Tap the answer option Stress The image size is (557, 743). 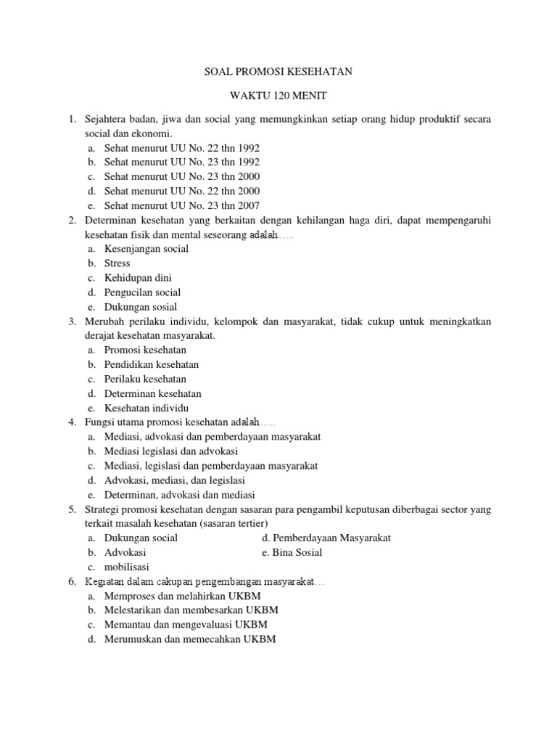pos(117,263)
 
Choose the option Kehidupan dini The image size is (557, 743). pos(138,278)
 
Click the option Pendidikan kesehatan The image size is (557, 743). pos(152,364)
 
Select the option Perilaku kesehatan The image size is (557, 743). pos(145,379)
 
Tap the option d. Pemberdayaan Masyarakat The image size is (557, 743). pos(326,538)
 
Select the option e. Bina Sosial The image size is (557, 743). pos(292,552)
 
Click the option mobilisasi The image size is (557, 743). pos(127,567)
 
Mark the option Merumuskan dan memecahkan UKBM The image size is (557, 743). pos(190,639)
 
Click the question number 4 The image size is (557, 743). pos(72,422)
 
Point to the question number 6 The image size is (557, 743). pos(72,581)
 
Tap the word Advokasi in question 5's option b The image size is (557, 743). pos(125,552)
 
